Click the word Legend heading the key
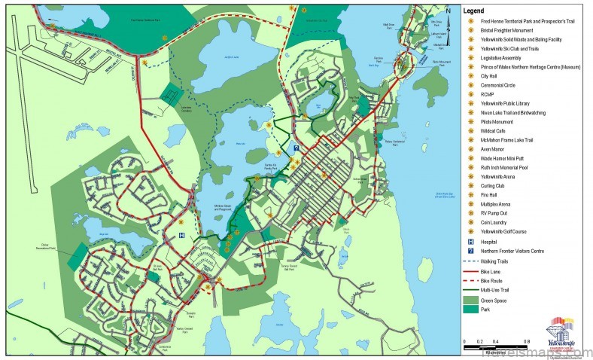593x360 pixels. (x=474, y=11)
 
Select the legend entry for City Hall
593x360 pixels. (x=489, y=75)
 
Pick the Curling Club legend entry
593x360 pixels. (x=492, y=185)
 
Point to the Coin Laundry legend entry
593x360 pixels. (x=492, y=222)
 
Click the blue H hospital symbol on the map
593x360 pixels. (x=181, y=235)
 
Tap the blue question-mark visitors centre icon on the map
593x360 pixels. (x=296, y=148)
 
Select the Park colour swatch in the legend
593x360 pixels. (x=470, y=309)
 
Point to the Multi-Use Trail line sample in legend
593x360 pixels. (x=470, y=288)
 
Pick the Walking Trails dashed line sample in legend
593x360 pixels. (x=470, y=261)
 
